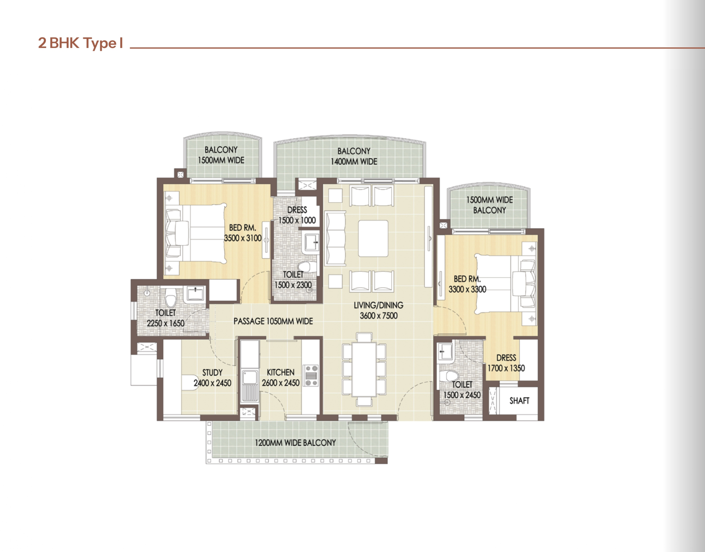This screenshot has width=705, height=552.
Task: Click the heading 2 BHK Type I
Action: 80,43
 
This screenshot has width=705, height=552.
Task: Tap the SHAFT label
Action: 519,401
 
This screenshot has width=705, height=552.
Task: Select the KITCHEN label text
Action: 280,373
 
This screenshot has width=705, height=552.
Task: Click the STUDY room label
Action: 212,373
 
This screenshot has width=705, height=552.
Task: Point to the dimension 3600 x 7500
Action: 379,316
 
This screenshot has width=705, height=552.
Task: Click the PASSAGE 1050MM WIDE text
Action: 273,321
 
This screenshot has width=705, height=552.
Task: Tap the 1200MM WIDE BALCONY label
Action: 295,443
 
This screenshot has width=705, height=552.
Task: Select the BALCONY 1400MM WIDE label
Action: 354,156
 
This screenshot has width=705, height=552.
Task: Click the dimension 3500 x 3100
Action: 243,238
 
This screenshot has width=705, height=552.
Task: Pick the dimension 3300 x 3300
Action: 467,289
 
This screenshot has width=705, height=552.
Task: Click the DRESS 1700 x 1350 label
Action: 506,363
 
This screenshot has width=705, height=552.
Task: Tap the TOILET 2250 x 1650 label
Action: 165,318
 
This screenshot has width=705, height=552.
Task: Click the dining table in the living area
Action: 364,369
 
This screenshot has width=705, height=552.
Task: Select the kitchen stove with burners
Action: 311,376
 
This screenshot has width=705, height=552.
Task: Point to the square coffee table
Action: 373,238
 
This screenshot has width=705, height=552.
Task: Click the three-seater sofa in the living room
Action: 335,238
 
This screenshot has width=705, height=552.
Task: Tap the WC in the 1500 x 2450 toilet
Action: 450,376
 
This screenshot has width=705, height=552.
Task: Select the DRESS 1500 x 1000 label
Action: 297,215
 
